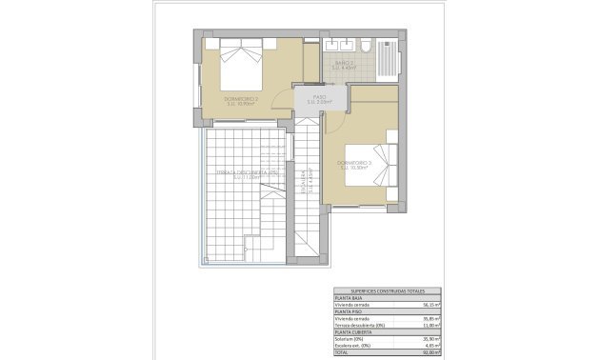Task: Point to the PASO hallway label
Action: click(x=319, y=99)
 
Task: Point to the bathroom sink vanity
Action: click(x=337, y=45)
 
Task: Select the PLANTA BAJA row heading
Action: click(x=348, y=298)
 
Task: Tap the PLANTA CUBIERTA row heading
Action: click(x=351, y=331)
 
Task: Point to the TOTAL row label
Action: click(x=342, y=351)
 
